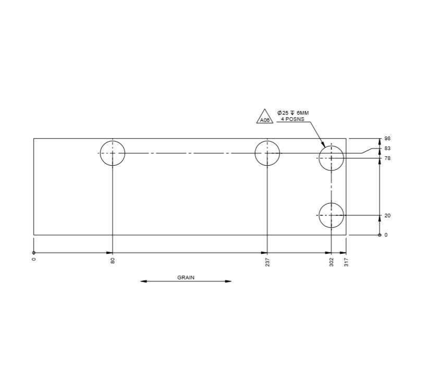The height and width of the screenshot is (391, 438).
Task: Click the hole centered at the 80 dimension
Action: coord(113,153)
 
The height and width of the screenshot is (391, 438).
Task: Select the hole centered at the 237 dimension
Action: coord(267,153)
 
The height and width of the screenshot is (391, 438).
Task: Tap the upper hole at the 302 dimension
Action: coord(331,158)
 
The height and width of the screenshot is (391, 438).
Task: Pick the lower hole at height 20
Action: coord(331,215)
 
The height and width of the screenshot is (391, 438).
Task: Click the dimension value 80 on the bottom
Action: coord(113,261)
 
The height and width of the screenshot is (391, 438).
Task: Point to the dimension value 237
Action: coord(267,262)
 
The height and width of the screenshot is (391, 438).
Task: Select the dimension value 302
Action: coord(332,262)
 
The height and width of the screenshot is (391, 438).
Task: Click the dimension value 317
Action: coord(346,262)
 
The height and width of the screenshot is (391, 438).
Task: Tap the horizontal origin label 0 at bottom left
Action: coord(34,259)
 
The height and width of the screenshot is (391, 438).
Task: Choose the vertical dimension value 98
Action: coord(387,139)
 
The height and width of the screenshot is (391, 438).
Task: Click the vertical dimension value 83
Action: coord(387,149)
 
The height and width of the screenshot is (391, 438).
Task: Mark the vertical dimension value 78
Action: coord(387,158)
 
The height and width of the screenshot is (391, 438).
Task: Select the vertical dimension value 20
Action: coord(387,215)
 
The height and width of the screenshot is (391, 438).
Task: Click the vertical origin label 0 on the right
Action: coord(386,235)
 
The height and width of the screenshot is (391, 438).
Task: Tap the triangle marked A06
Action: coord(265,118)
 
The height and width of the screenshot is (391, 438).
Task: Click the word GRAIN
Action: coord(186,277)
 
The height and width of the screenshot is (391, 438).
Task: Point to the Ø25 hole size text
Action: coord(293,113)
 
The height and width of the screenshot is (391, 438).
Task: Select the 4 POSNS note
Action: coord(293,119)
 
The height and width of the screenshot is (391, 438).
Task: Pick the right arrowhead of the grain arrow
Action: coord(228,282)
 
